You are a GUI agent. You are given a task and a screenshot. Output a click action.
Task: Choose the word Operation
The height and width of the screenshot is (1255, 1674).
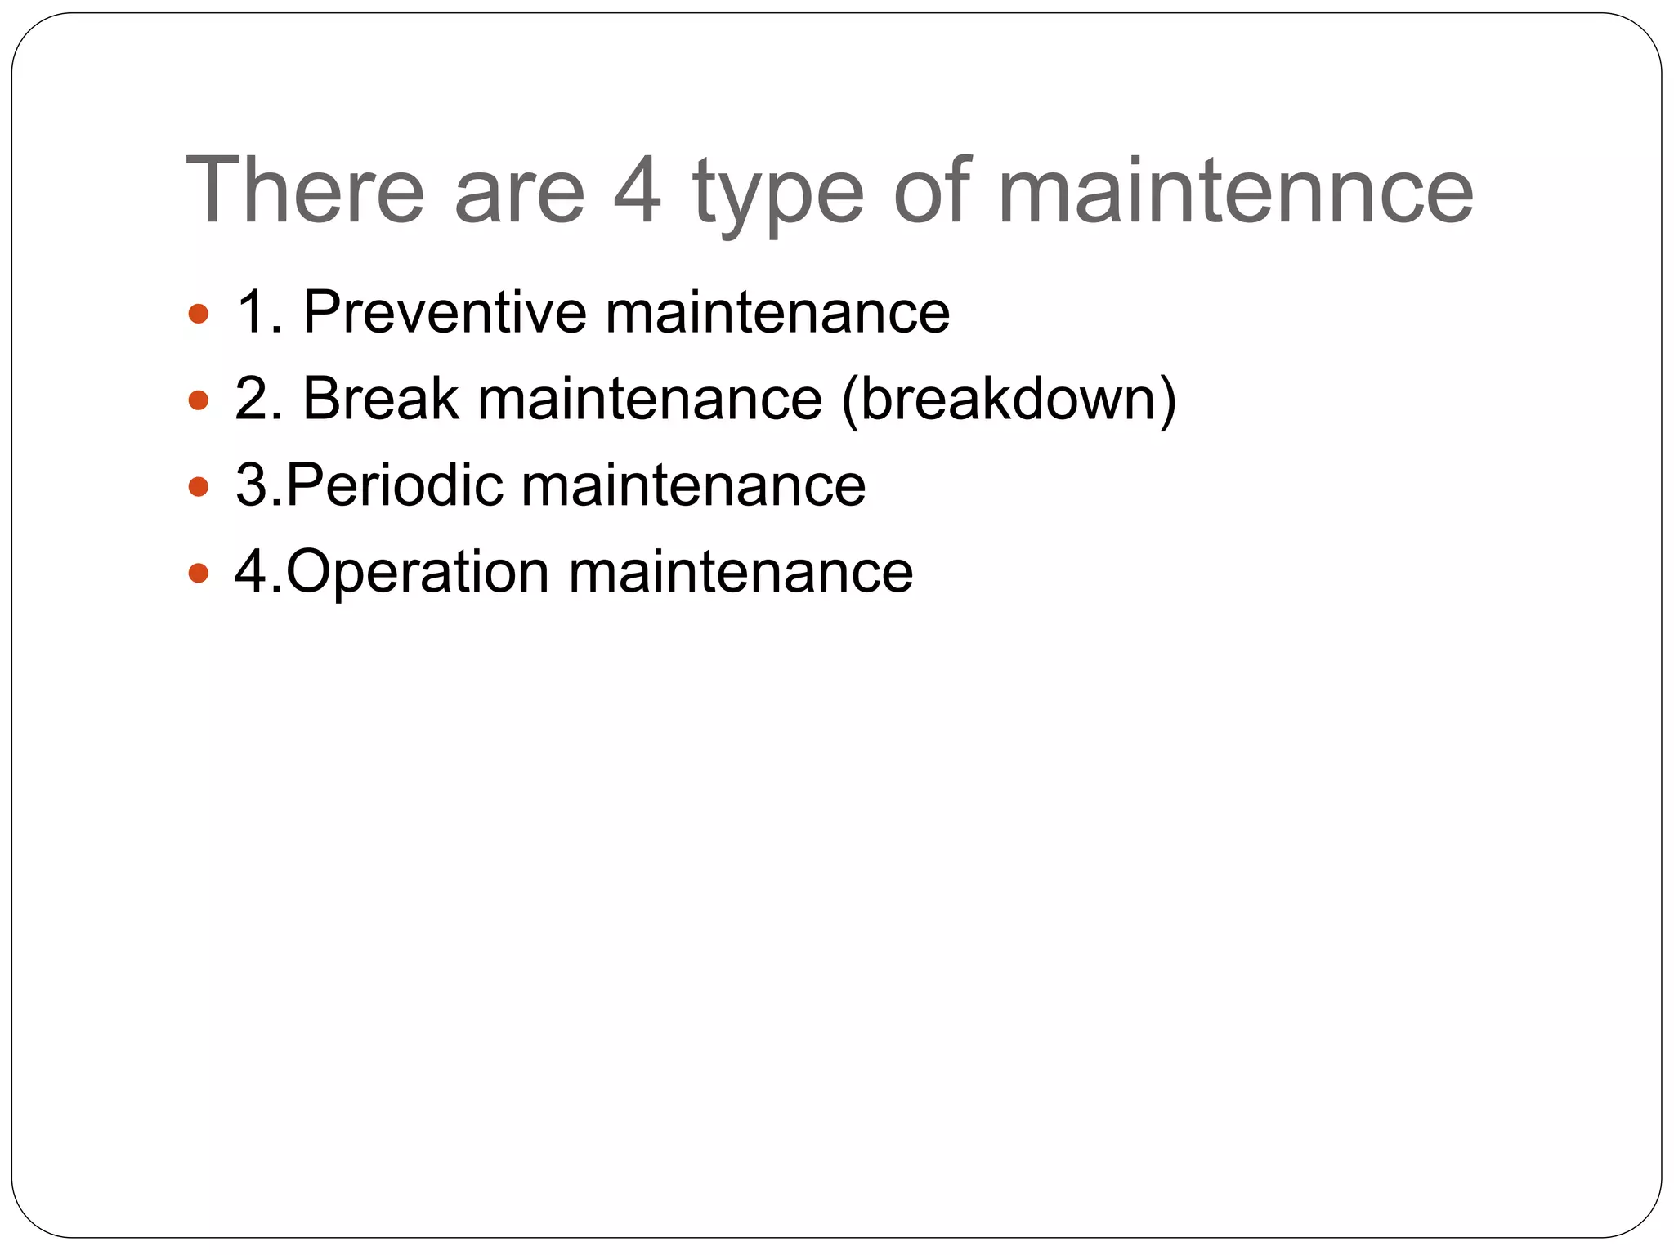coord(417,572)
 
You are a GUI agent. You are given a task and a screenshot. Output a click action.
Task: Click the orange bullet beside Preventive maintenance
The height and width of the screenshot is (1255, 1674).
coord(199,314)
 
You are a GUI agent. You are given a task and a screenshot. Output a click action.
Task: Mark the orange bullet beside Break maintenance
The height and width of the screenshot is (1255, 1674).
coord(199,400)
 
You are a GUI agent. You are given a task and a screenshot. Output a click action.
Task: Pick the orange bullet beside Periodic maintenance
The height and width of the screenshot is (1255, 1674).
coord(199,487)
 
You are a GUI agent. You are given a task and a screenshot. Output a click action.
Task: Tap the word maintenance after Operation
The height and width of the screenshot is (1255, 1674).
coord(741,572)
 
